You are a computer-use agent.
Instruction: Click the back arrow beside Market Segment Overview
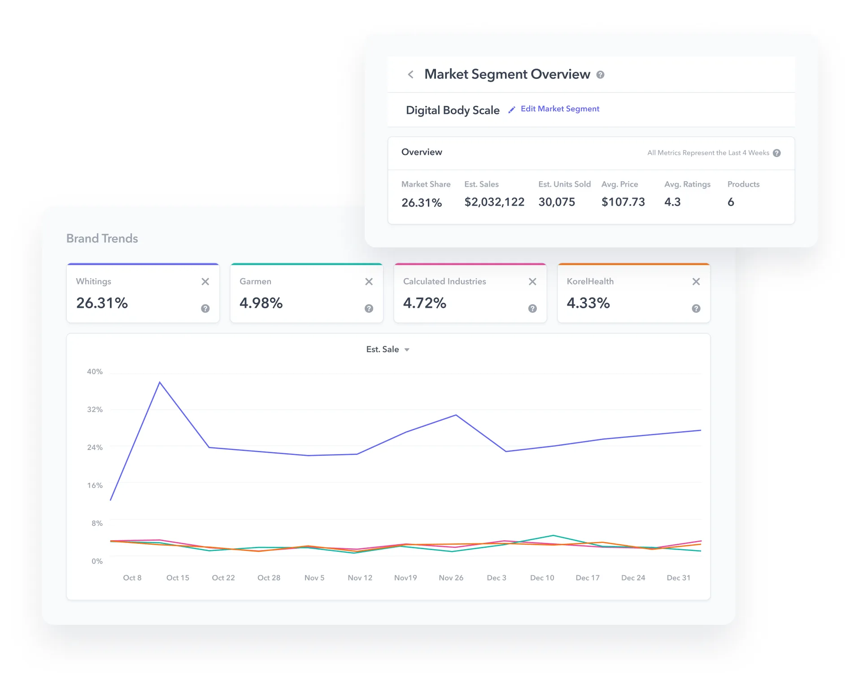pyautogui.click(x=410, y=74)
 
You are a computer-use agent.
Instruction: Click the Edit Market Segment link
pyautogui.click(x=559, y=109)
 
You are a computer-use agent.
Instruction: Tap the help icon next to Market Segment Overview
pyautogui.click(x=600, y=75)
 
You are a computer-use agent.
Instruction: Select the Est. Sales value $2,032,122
pyautogui.click(x=494, y=202)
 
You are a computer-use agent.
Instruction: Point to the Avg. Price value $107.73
pyautogui.click(x=623, y=202)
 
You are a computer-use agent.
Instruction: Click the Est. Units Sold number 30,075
pyautogui.click(x=556, y=202)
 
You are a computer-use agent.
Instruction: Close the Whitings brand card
pyautogui.click(x=205, y=282)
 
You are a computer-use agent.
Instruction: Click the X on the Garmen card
pyautogui.click(x=369, y=282)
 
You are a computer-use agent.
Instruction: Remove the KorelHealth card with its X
pyautogui.click(x=696, y=282)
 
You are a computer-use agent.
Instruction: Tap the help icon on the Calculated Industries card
pyautogui.click(x=532, y=309)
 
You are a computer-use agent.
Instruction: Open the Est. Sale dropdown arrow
pyautogui.click(x=407, y=350)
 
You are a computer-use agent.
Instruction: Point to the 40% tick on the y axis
pyautogui.click(x=95, y=372)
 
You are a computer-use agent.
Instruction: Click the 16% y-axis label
pyautogui.click(x=95, y=485)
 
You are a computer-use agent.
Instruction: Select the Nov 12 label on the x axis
pyautogui.click(x=360, y=578)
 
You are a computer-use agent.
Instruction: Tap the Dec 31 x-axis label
pyautogui.click(x=678, y=578)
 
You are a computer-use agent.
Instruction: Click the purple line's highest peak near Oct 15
pyautogui.click(x=160, y=382)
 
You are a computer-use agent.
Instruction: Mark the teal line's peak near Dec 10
pyautogui.click(x=553, y=535)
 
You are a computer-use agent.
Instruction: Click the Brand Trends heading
pyautogui.click(x=102, y=239)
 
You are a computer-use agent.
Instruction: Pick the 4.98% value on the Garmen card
pyautogui.click(x=261, y=303)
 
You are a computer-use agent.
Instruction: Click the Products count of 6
pyautogui.click(x=731, y=202)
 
